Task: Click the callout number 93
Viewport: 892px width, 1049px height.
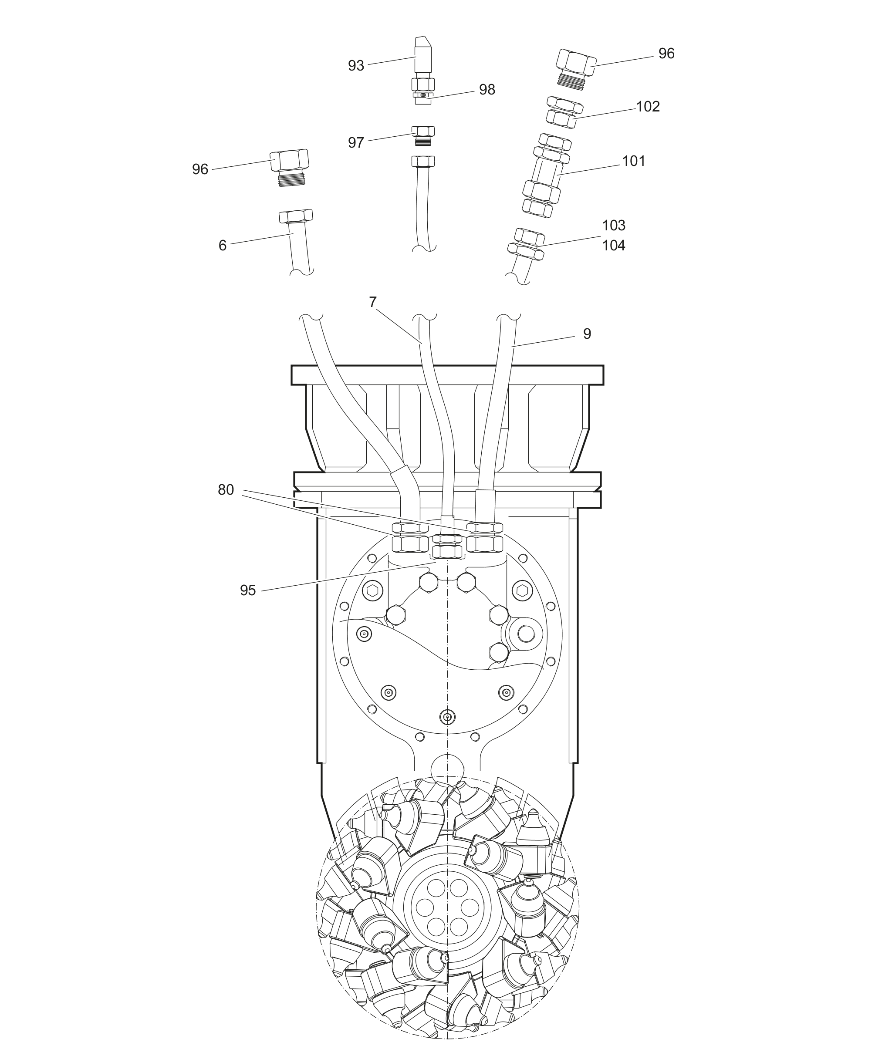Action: point(356,66)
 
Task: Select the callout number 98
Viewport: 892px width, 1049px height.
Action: point(487,89)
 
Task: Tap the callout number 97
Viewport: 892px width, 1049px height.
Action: point(356,142)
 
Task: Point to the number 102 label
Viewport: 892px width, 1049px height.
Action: point(648,107)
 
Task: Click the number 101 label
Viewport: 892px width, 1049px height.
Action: point(634,161)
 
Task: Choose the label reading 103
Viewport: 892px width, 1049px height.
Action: point(613,225)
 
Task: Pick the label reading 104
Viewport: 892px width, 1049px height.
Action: point(613,245)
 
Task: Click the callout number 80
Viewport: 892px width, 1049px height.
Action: point(226,489)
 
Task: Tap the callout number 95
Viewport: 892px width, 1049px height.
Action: point(248,590)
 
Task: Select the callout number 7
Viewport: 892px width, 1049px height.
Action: point(373,302)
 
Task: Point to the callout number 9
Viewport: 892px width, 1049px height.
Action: point(587,334)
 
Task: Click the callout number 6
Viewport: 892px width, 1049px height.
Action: point(222,245)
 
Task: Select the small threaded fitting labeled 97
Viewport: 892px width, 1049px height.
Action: point(423,136)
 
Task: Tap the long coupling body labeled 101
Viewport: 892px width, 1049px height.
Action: point(547,175)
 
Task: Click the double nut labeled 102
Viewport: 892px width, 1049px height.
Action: point(564,111)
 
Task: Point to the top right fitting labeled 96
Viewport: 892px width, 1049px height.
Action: point(575,69)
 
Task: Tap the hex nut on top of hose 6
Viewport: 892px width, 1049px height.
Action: point(296,216)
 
